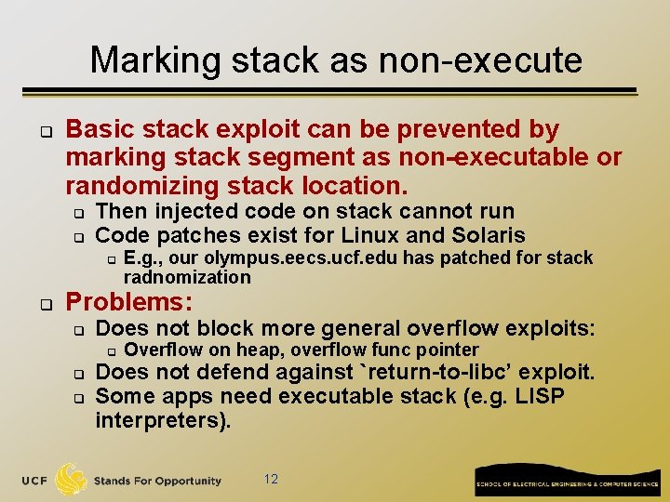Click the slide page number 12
(x=271, y=479)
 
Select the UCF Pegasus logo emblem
(x=71, y=480)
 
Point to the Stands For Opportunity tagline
(x=157, y=481)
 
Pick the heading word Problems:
(x=129, y=302)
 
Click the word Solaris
(x=482, y=235)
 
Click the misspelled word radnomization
(x=187, y=277)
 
